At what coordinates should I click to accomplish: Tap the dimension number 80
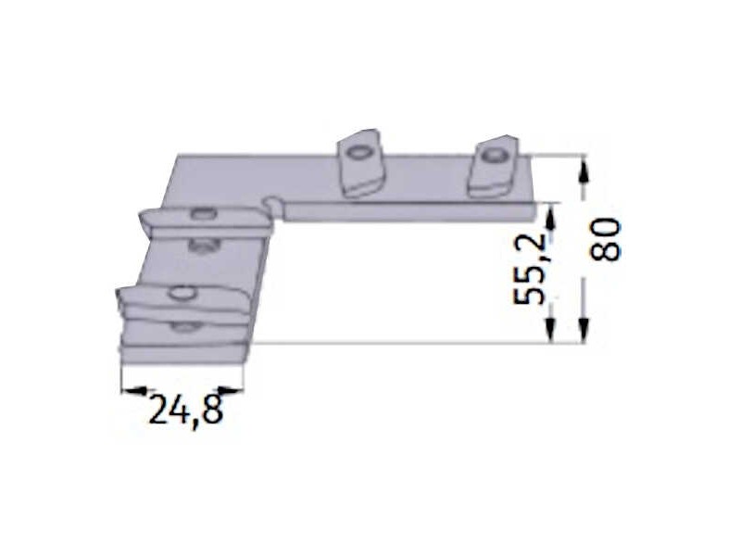(x=605, y=239)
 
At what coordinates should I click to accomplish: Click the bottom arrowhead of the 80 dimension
(x=584, y=330)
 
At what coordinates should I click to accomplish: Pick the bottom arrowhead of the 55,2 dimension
(x=550, y=330)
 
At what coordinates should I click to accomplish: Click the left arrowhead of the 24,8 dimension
(x=134, y=390)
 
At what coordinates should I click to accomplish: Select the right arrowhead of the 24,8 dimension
(x=232, y=390)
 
